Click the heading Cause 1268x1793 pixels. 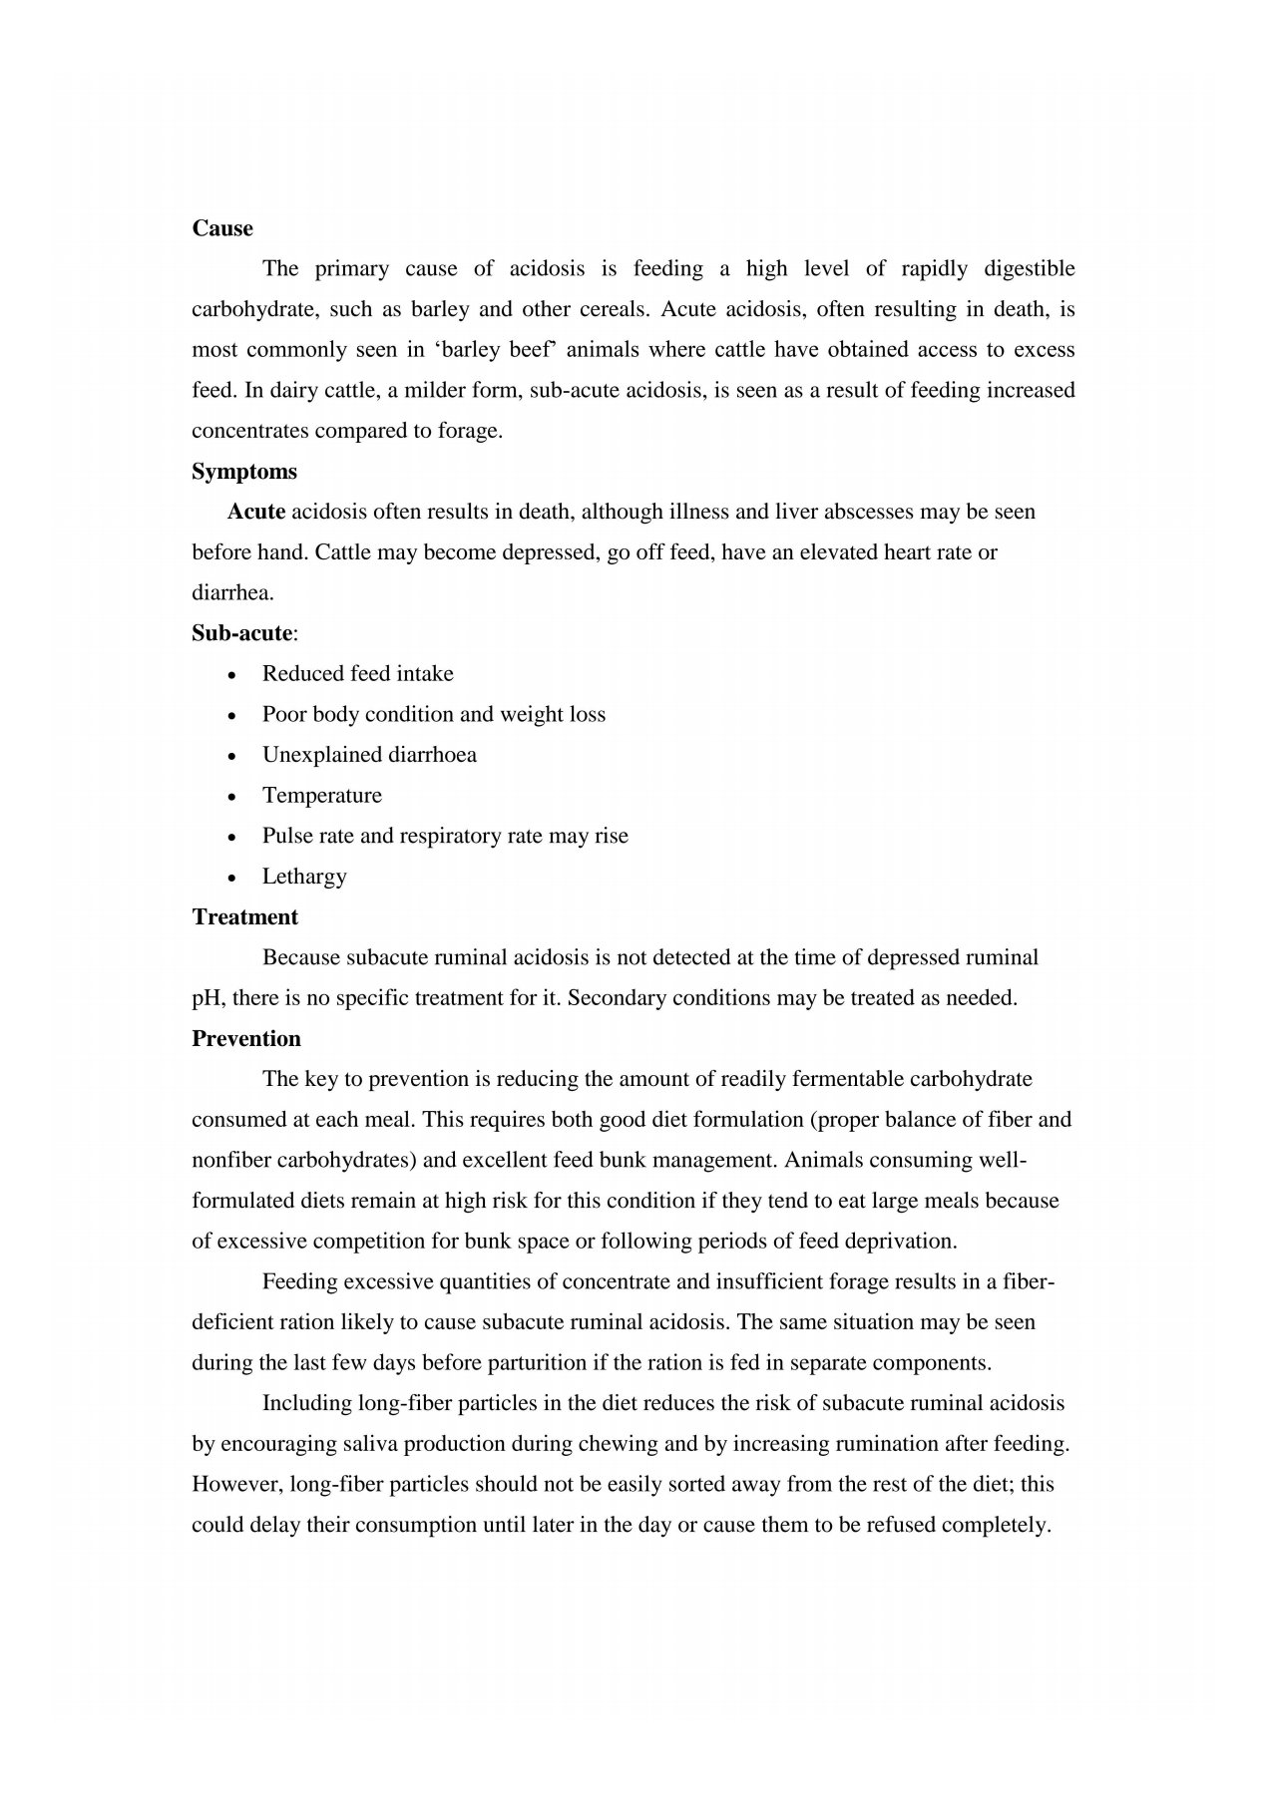tap(222, 228)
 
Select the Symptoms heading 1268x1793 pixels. tap(244, 472)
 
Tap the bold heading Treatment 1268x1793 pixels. tap(244, 917)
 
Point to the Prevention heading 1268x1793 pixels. tap(246, 1039)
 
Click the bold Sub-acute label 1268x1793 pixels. tap(242, 633)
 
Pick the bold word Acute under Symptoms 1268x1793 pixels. tap(256, 512)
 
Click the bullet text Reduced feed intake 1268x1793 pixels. tap(357, 674)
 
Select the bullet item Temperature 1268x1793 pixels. tap(321, 796)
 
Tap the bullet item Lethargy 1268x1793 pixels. tap(304, 877)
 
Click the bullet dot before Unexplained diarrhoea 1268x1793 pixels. tap(232, 756)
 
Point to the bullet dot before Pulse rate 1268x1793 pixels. tap(232, 837)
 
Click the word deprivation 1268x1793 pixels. tap(900, 1242)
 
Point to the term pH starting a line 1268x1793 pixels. tap(205, 998)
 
